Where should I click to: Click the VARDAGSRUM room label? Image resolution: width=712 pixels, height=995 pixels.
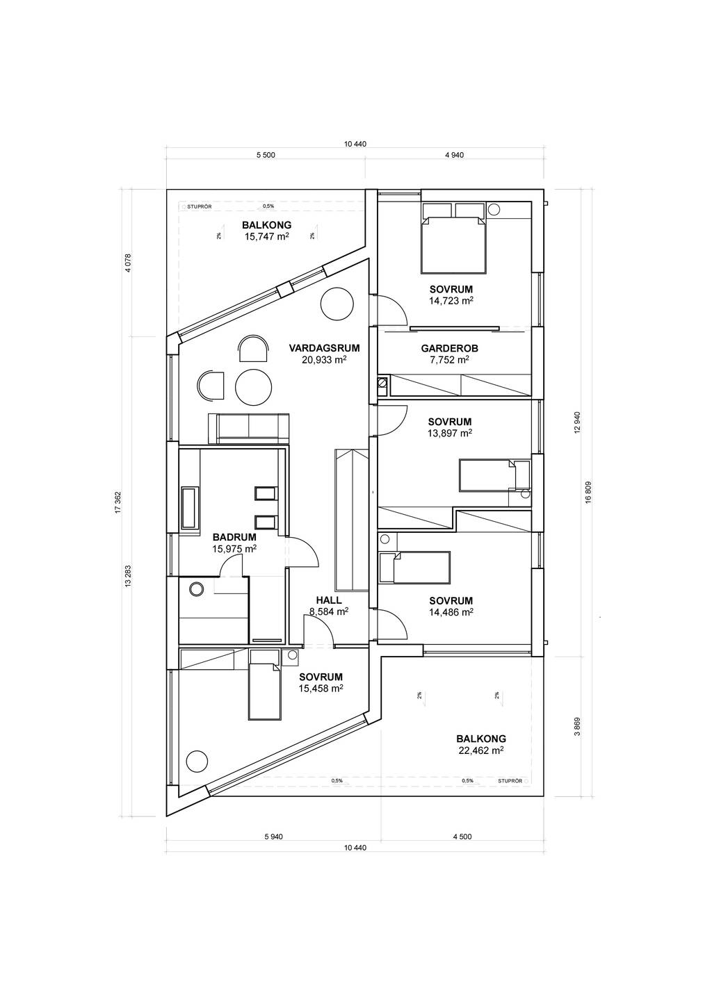pyautogui.click(x=319, y=348)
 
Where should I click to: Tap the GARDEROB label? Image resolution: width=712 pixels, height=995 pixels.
pyautogui.click(x=449, y=348)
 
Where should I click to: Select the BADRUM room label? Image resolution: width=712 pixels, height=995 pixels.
pyautogui.click(x=234, y=537)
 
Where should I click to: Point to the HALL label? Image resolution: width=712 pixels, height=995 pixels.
pyautogui.click(x=329, y=600)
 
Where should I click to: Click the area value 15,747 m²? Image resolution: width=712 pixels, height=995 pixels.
pyautogui.click(x=266, y=236)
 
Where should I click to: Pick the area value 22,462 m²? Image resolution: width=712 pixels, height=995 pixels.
pyautogui.click(x=480, y=750)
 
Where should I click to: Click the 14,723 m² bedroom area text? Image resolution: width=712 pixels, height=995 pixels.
pyautogui.click(x=451, y=301)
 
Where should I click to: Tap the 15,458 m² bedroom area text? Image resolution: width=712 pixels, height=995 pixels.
pyautogui.click(x=321, y=688)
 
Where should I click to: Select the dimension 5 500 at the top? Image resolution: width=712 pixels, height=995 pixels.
pyautogui.click(x=266, y=155)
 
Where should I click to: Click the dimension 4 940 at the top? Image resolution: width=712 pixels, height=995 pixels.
pyautogui.click(x=454, y=155)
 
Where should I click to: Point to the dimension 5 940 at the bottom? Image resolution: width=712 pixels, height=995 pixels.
pyautogui.click(x=273, y=837)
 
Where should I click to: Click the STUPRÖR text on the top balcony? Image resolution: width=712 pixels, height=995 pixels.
pyautogui.click(x=199, y=206)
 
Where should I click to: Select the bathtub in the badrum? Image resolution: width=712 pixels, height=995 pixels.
pyautogui.click(x=188, y=508)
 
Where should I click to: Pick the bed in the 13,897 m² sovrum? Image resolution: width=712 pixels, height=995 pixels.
pyautogui.click(x=494, y=475)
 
